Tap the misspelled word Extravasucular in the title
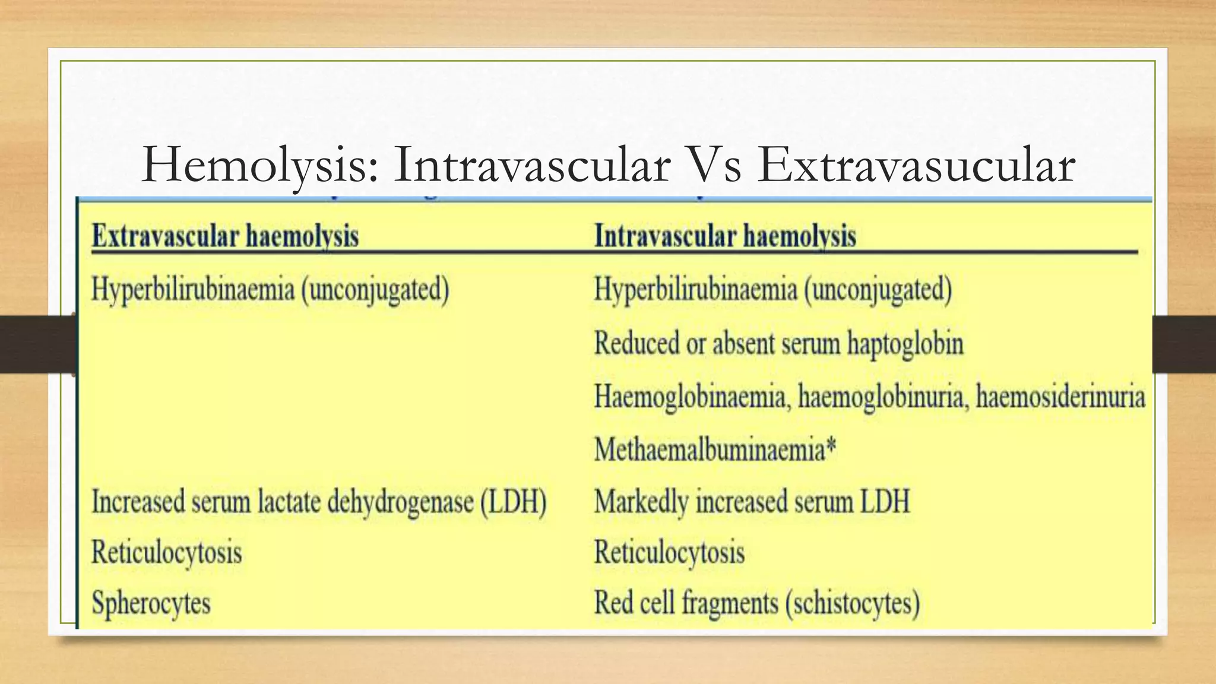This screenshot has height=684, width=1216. tap(916, 165)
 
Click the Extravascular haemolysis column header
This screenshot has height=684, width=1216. tap(225, 236)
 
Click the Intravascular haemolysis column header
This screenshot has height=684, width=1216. tap(725, 236)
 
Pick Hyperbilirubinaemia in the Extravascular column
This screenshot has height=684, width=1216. tap(193, 290)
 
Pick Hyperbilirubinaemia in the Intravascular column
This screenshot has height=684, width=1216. tap(696, 290)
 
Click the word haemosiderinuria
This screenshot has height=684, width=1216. tap(1060, 397)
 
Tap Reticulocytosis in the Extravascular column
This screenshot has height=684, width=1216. tap(167, 553)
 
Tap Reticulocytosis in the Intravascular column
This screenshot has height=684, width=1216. tap(669, 553)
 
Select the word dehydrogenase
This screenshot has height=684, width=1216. tap(401, 502)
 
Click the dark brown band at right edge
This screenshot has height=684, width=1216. tap(1184, 344)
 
